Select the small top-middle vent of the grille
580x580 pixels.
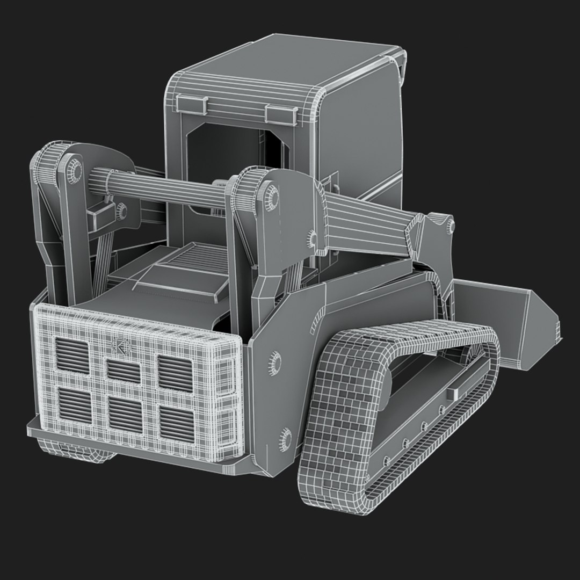click(x=124, y=370)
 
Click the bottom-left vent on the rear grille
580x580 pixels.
click(x=74, y=404)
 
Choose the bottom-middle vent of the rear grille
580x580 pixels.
click(x=125, y=414)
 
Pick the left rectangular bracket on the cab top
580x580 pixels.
click(x=190, y=104)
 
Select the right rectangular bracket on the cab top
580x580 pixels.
click(x=281, y=113)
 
